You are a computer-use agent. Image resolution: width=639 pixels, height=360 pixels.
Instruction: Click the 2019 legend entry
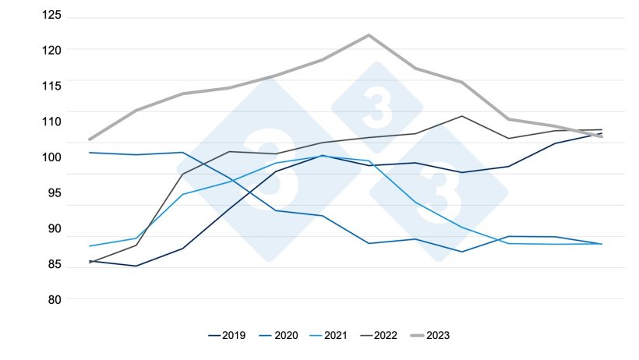pyautogui.click(x=227, y=336)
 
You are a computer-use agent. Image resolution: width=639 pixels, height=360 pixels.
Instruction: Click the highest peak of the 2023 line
pyautogui.click(x=369, y=35)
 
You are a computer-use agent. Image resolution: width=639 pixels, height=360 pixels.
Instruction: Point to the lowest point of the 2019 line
pyautogui.click(x=136, y=266)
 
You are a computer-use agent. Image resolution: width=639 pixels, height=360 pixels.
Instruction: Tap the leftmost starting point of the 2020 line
pyautogui.click(x=90, y=153)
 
